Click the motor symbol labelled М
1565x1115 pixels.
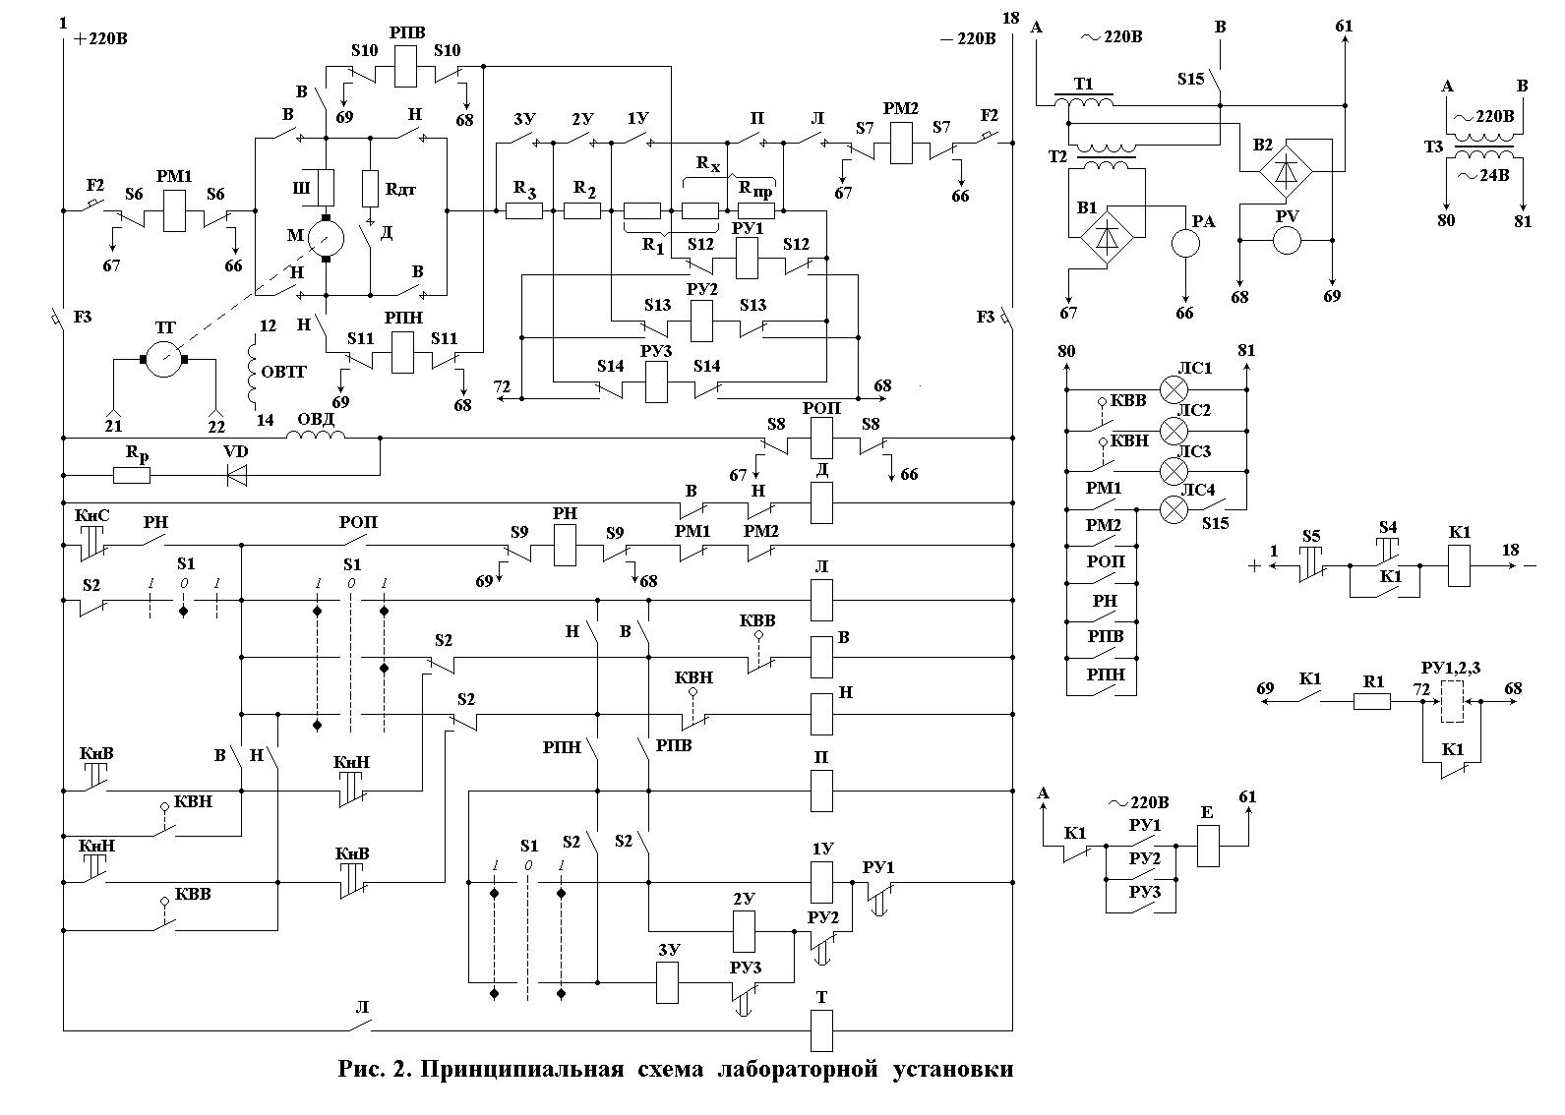[x=325, y=237]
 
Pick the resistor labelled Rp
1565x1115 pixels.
[x=132, y=476]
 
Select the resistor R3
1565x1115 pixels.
[x=523, y=210]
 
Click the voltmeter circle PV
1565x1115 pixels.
[x=1287, y=241]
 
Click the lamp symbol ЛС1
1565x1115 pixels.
[x=1174, y=388]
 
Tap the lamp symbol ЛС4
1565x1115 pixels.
[x=1174, y=509]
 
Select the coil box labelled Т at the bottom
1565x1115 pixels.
[x=821, y=1029]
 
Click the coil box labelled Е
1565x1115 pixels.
[x=1208, y=847]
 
